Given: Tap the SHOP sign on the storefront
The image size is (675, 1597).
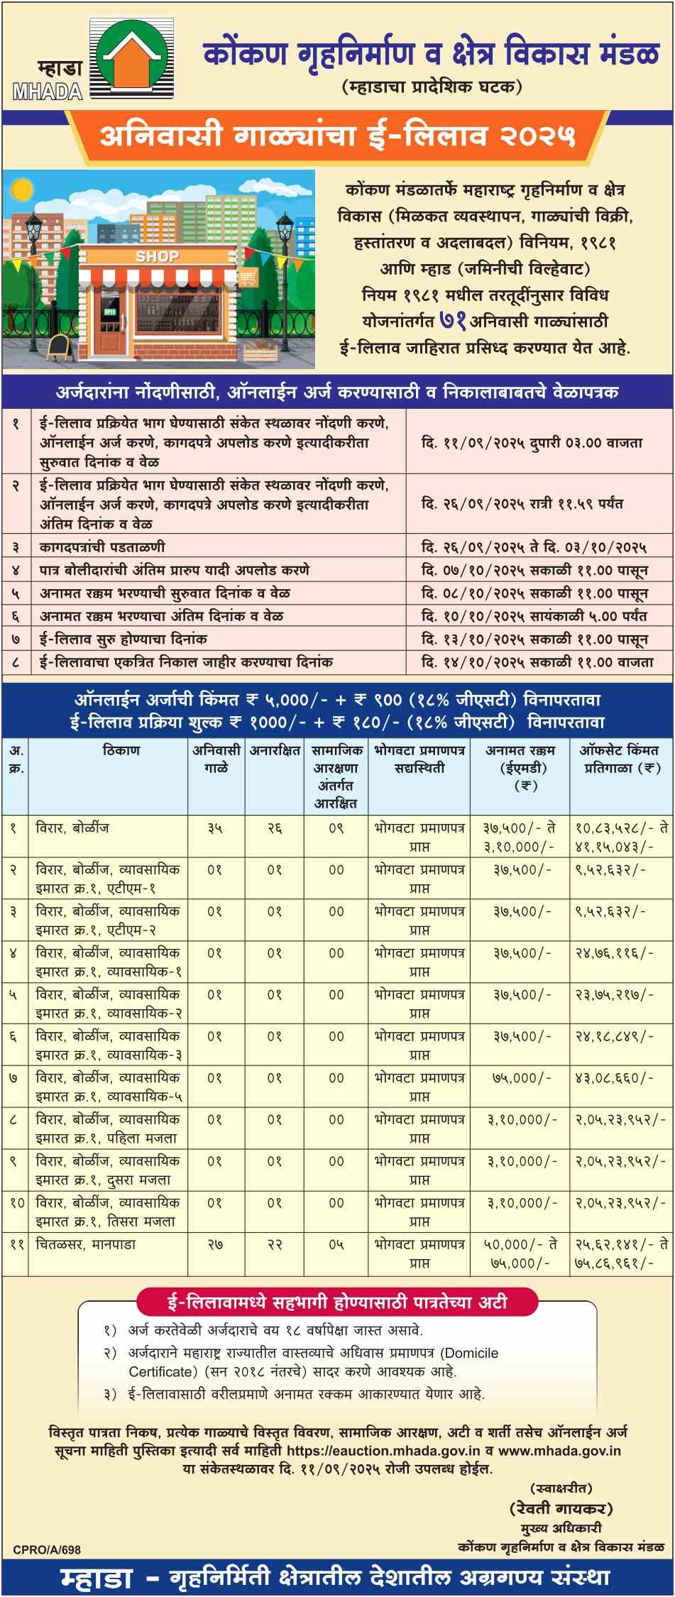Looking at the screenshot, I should (157, 256).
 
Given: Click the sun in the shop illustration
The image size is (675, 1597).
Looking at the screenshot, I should (21, 190).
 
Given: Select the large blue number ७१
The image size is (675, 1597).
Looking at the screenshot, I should (453, 321).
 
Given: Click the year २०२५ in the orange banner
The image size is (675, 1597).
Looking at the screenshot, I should (537, 135).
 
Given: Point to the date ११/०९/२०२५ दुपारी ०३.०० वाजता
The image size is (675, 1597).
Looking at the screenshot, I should (532, 442).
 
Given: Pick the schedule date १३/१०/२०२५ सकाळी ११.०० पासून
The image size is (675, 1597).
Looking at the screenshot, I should (534, 639).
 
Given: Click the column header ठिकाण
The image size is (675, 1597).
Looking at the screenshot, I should (121, 750).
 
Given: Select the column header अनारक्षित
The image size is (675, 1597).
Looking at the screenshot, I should (275, 750).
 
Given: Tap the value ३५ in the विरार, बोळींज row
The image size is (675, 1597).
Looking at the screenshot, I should (216, 828).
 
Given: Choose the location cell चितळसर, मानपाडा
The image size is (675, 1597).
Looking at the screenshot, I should (86, 1244).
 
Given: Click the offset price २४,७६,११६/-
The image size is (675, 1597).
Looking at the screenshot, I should (614, 953).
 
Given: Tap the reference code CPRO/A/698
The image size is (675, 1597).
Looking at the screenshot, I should (47, 1549).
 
